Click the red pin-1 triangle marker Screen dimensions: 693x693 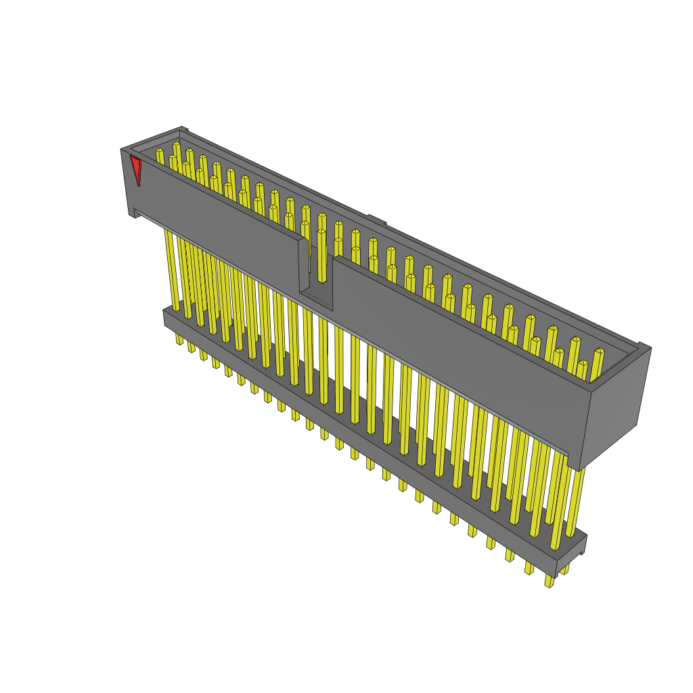136,168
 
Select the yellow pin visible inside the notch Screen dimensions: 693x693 322,257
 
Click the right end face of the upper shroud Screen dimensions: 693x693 615,406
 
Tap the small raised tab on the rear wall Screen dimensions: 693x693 377,219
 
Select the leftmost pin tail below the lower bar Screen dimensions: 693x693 179,338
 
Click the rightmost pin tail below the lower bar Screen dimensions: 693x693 549,580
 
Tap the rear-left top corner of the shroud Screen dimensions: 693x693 181,129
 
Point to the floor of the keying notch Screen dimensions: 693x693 316,298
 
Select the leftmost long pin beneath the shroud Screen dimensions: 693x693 172,271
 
